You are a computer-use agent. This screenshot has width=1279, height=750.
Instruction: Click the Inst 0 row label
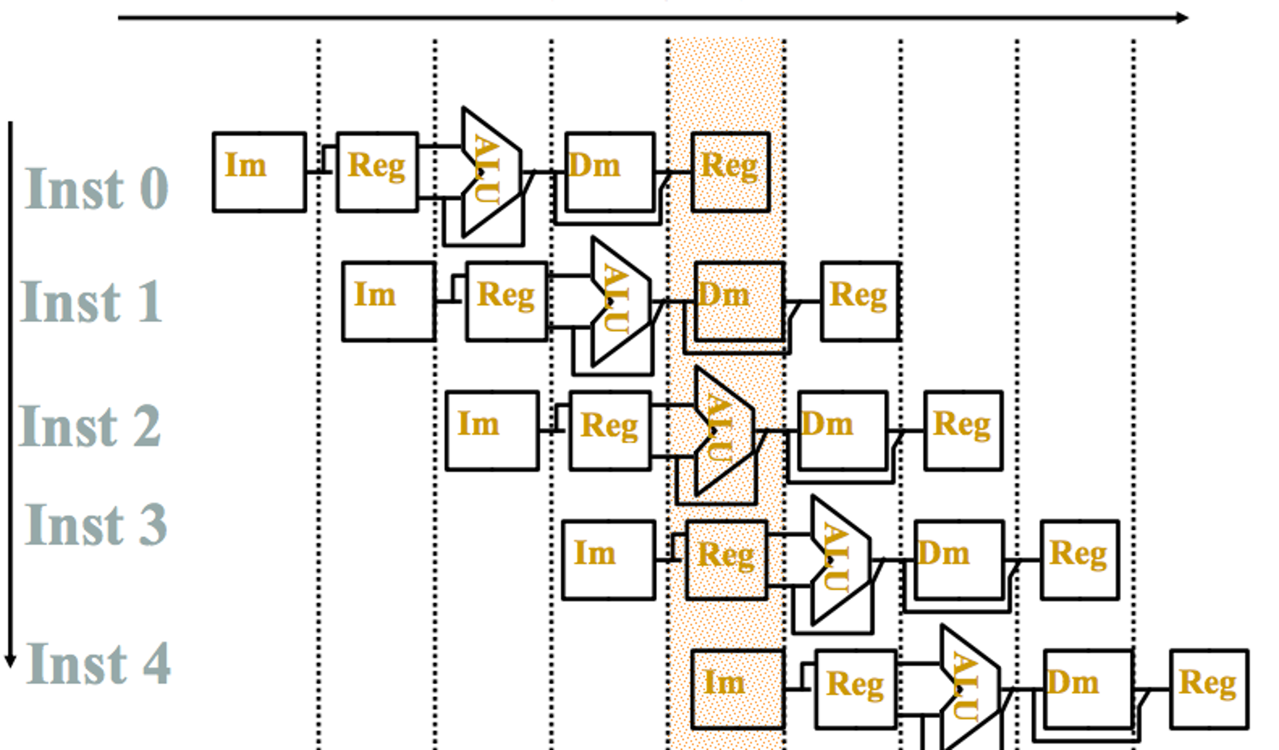coord(97,189)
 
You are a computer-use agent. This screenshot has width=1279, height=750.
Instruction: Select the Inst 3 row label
coord(96,525)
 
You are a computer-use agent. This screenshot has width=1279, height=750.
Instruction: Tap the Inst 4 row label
coord(98,664)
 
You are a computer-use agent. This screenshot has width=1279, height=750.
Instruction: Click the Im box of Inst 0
coord(259,172)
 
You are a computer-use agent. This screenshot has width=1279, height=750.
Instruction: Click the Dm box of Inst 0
coord(609,171)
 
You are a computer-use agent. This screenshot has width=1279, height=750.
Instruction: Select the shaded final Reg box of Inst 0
coord(730,172)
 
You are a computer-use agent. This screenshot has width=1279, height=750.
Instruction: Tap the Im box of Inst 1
coord(389,301)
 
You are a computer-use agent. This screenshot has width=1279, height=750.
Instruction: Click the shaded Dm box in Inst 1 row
coord(739,301)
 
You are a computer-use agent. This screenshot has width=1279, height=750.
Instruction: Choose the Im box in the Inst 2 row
coord(492,431)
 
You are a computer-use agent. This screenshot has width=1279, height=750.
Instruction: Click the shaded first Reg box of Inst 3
coord(726,560)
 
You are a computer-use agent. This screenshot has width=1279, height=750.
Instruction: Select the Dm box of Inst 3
coord(959,559)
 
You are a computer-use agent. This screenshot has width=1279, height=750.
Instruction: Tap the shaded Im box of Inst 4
coord(738,689)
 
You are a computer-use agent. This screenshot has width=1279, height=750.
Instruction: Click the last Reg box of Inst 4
coord(1209,689)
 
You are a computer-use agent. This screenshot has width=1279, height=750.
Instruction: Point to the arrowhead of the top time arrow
coord(1181,17)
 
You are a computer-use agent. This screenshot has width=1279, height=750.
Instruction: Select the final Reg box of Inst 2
coord(963,431)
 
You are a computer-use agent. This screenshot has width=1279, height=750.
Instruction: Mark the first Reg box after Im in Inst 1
coord(506,301)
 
